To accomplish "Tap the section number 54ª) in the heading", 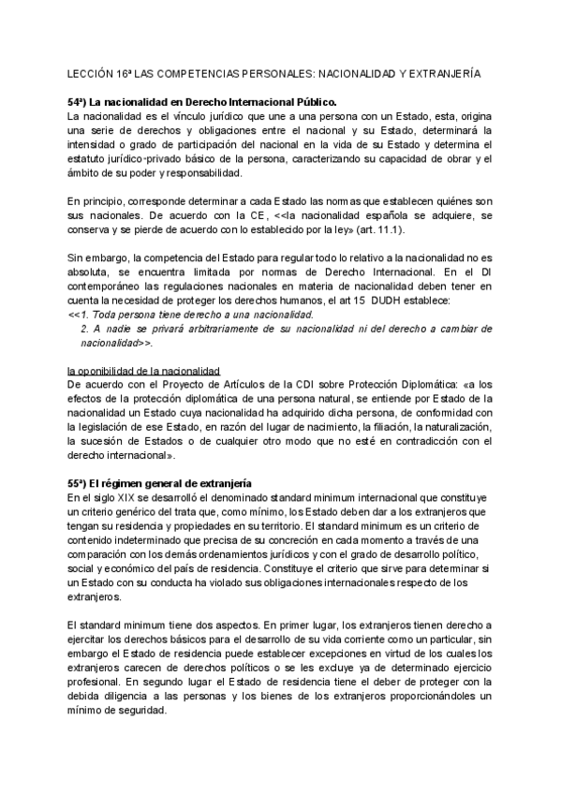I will [x=82, y=100].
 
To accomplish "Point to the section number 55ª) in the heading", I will [x=82, y=482].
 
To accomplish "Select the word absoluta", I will [x=92, y=272].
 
